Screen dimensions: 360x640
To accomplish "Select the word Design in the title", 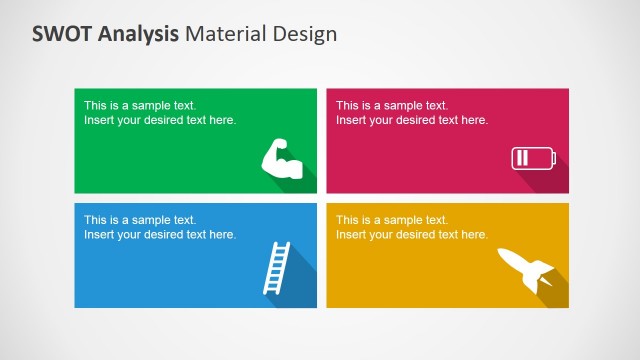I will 305,33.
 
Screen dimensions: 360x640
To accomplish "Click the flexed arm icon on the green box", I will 282,159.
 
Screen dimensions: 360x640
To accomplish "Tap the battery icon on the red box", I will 532,157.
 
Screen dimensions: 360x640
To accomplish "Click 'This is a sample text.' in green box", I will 140,105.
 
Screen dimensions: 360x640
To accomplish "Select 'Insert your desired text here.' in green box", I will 160,120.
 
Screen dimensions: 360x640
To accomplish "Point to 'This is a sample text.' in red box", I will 392,105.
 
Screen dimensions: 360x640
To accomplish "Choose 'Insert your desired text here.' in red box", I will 412,120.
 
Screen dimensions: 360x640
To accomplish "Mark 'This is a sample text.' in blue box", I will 140,220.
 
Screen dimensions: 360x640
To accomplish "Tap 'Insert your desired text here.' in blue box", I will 160,235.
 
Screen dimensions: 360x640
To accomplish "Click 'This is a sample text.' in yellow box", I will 392,220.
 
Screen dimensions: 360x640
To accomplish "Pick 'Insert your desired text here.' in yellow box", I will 412,235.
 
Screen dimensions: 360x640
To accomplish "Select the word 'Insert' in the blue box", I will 99,235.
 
